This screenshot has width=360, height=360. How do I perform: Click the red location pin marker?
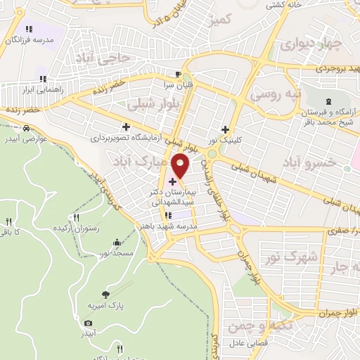(181, 166)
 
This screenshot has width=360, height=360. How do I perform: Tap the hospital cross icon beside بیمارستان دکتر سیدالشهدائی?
(173, 182)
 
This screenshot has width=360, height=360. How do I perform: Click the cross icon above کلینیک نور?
(225, 129)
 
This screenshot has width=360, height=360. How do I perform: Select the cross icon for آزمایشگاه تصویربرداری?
(126, 127)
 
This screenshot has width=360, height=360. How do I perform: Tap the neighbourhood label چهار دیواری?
(310, 45)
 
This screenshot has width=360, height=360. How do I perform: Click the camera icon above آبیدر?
(88, 323)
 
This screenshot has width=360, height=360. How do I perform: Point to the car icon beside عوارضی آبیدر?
(26, 129)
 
